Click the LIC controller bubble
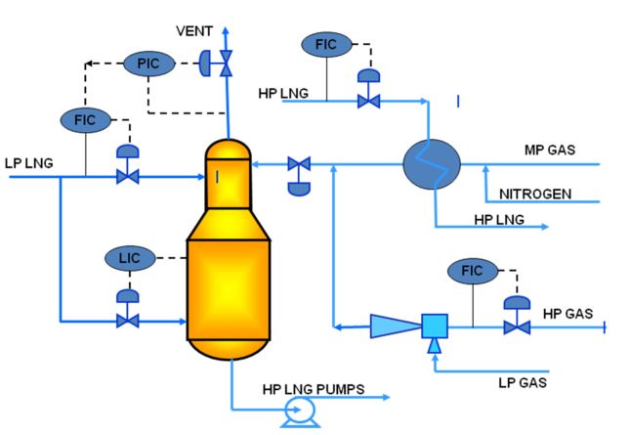(128, 258)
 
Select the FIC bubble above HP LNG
(325, 43)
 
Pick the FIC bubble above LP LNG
(85, 119)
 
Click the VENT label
(193, 31)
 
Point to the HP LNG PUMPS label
(312, 388)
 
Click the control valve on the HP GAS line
(510, 326)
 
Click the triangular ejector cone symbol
(393, 326)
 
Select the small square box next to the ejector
(434, 326)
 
